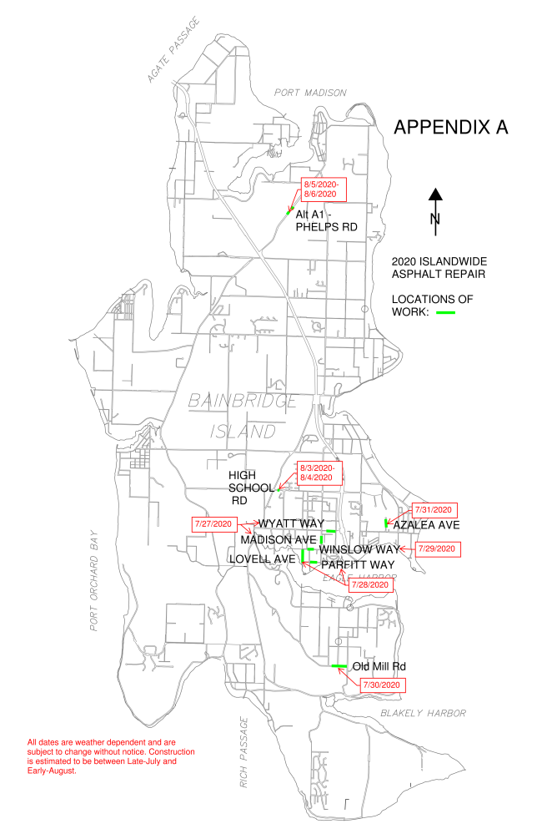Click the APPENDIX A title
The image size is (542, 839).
coord(450,128)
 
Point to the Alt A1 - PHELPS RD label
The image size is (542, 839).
coord(326,220)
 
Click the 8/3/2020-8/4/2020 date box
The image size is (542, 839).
coord(318,473)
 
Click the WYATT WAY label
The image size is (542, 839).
coord(290,523)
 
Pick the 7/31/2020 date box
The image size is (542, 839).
coord(434,509)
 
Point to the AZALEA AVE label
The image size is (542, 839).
coord(426,526)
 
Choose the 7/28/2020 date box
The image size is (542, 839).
coord(370,584)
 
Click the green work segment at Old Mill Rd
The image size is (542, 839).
coord(339,666)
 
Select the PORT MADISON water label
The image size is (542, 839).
coord(310,93)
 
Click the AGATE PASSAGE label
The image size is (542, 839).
coord(174,50)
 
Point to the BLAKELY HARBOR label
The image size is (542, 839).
coord(423,713)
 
